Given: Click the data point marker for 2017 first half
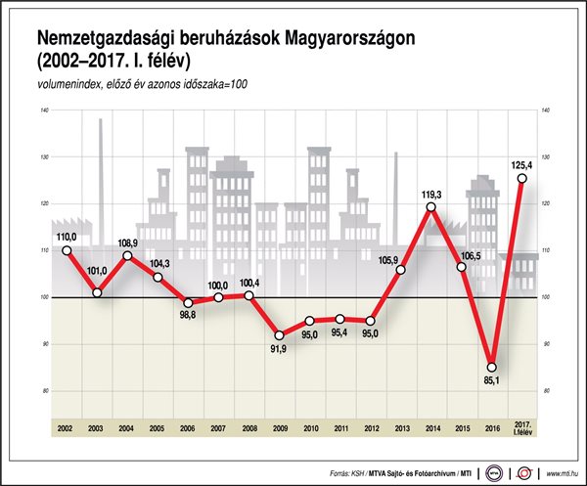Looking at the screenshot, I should coord(522,178).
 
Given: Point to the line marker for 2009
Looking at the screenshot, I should coord(279,335).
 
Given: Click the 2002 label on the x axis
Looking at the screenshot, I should coord(67,428).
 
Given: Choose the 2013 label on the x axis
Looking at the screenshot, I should coord(400,428).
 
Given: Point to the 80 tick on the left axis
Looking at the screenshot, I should coord(45,390).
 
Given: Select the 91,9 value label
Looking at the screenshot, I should coord(280,350).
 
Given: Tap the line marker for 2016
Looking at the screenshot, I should coord(492,367).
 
